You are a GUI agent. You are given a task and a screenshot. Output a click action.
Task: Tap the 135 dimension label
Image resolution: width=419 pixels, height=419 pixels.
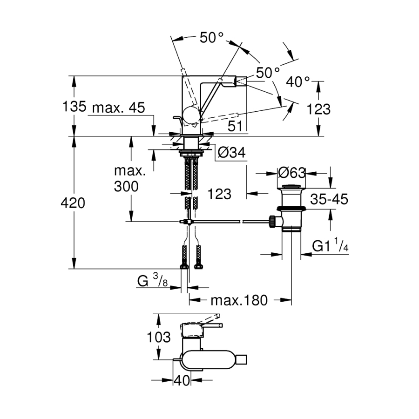[74, 107]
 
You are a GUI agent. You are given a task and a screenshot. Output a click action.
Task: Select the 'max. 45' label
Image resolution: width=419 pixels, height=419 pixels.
[118, 108]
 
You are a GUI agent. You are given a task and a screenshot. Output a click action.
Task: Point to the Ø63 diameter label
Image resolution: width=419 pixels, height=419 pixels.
[291, 173]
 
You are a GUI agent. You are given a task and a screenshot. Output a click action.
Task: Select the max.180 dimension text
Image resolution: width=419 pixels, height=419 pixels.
[239, 300]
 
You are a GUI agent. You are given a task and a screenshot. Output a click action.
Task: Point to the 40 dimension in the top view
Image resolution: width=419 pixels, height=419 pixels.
[182, 380]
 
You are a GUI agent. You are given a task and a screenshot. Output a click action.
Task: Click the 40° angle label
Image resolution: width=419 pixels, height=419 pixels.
[298, 82]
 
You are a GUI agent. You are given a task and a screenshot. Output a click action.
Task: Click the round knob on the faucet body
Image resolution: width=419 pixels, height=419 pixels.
[191, 115]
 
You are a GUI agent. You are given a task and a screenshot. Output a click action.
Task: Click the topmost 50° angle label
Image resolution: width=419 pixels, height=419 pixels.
[212, 38]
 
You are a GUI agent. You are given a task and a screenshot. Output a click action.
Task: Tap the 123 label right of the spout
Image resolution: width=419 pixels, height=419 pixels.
[319, 109]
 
